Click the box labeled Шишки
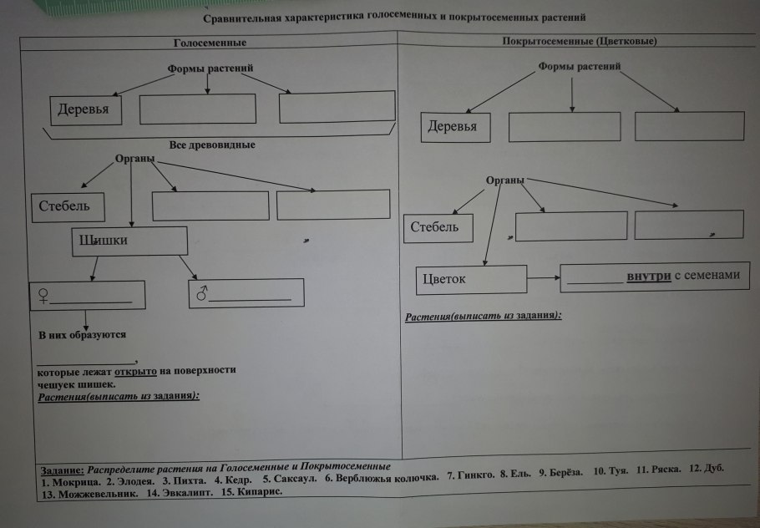(x=129, y=241)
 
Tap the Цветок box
(x=471, y=279)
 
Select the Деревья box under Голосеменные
(x=84, y=110)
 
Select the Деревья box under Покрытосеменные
(x=454, y=127)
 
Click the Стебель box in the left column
(x=69, y=206)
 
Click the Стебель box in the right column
(x=438, y=227)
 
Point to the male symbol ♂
(x=201, y=294)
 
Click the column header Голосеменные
(x=210, y=43)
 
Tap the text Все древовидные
(x=211, y=145)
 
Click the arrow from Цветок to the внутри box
(x=543, y=278)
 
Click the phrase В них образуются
(x=82, y=335)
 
